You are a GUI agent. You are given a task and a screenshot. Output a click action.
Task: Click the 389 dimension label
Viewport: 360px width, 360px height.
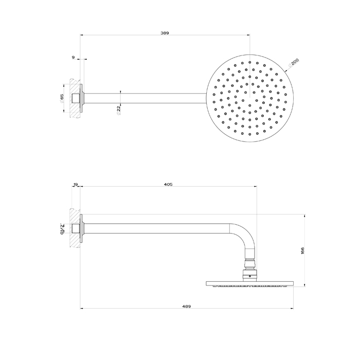pyautogui.click(x=165, y=33)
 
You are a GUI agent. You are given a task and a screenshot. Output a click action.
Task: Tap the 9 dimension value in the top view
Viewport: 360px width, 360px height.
pyautogui.click(x=74, y=58)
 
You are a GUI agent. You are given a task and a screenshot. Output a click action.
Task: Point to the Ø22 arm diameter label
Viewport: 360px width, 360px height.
pyautogui.click(x=119, y=109)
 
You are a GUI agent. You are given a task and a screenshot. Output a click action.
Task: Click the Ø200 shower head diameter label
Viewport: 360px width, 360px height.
pyautogui.click(x=294, y=63)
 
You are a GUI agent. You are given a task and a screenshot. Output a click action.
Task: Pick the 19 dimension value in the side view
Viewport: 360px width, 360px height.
pyautogui.click(x=76, y=184)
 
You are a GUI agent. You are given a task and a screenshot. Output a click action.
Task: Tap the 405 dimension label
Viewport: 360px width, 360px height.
pyautogui.click(x=168, y=184)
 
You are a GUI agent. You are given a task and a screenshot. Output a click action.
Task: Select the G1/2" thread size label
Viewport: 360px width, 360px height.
pyautogui.click(x=62, y=227)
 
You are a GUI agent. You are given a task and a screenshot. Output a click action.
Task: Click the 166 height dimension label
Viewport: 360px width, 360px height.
pyautogui.click(x=303, y=250)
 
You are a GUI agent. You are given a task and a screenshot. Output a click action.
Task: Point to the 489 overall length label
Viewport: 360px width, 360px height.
pyautogui.click(x=187, y=306)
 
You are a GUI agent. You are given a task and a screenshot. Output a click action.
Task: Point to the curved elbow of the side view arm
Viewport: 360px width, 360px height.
pyautogui.click(x=245, y=234)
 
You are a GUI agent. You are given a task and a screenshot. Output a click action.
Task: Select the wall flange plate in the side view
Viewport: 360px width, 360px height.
pyautogui.click(x=81, y=228)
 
